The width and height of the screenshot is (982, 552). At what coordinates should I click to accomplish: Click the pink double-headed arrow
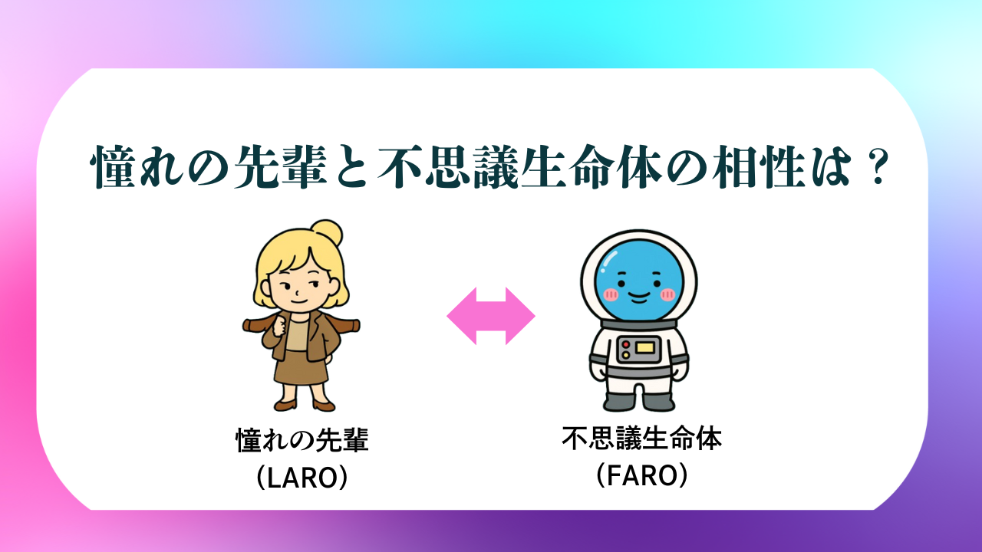pyautogui.click(x=491, y=316)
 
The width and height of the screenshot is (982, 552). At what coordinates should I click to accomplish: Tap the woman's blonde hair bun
pyautogui.click(x=327, y=233)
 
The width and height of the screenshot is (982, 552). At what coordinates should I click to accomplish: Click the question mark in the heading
pyautogui.click(x=878, y=167)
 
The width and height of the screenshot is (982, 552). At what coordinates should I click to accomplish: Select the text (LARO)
pyautogui.click(x=302, y=477)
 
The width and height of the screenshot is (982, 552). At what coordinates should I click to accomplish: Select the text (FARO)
pyautogui.click(x=642, y=475)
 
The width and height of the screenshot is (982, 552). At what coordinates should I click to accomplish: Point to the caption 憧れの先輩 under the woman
pyautogui.click(x=302, y=440)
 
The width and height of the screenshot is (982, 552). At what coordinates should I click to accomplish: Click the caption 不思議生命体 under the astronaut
pyautogui.click(x=642, y=438)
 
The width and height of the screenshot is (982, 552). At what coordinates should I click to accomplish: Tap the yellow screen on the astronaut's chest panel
pyautogui.click(x=645, y=348)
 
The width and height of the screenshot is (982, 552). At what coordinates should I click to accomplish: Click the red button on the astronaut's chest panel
pyautogui.click(x=625, y=344)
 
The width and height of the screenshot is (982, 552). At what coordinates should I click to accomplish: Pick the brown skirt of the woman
pyautogui.click(x=302, y=367)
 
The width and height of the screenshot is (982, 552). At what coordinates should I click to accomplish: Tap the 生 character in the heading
pyautogui.click(x=544, y=167)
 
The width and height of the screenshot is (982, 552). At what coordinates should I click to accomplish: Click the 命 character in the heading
pyautogui.click(x=592, y=167)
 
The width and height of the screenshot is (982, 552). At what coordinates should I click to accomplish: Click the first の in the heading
pyautogui.click(x=209, y=168)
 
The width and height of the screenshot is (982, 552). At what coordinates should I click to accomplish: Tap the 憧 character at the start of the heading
pyautogui.click(x=114, y=167)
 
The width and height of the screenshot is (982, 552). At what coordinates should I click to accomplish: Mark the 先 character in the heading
pyautogui.click(x=256, y=167)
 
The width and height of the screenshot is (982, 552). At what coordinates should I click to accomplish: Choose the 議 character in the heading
pyautogui.click(x=496, y=167)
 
